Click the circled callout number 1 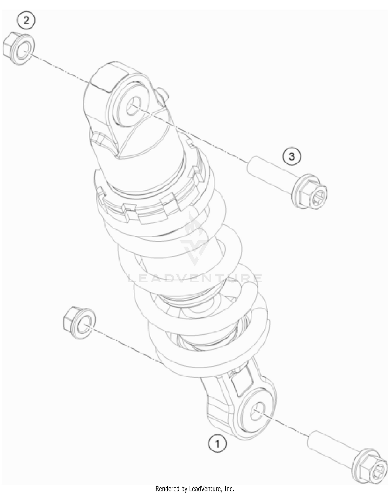(x=217, y=444)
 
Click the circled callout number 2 (x=26, y=21)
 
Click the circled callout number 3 (x=292, y=157)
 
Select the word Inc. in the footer (x=229, y=489)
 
